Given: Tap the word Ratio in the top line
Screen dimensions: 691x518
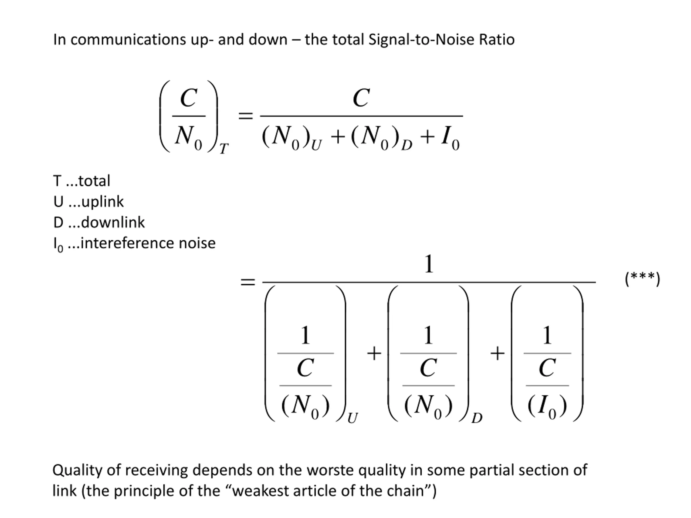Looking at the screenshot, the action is pyautogui.click(x=497, y=40).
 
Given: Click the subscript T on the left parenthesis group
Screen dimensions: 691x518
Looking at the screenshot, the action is pyautogui.click(x=224, y=149).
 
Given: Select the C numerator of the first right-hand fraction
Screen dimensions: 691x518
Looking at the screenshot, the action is pyautogui.click(x=361, y=98).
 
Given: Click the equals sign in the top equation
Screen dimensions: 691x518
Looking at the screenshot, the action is pyautogui.click(x=246, y=116).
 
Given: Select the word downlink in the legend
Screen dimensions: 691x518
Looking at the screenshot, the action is pyautogui.click(x=113, y=223).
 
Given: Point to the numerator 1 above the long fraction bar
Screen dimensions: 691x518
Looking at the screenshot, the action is pyautogui.click(x=429, y=264).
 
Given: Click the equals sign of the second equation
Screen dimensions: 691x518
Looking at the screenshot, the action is pyautogui.click(x=248, y=282).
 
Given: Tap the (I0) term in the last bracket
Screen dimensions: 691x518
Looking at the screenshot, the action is pyautogui.click(x=547, y=406).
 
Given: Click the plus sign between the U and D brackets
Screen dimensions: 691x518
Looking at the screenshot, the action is pyautogui.click(x=374, y=354).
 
